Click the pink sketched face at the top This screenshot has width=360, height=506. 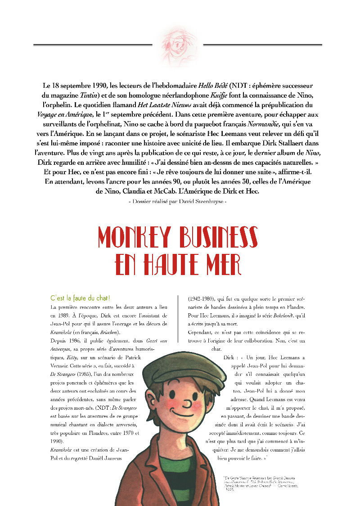pyautogui.click(x=178, y=45)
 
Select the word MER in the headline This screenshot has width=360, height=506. pyautogui.click(x=222, y=264)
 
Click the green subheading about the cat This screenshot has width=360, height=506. pyautogui.click(x=81, y=298)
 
